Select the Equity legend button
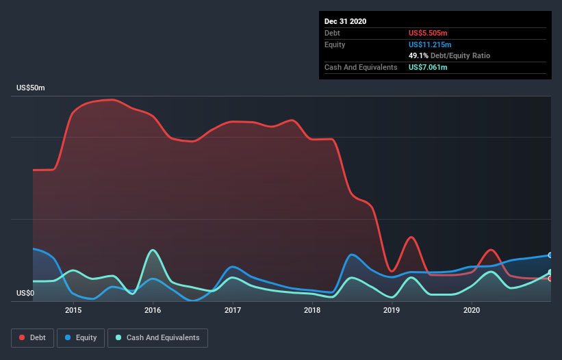click(81, 337)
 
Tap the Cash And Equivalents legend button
click(157, 337)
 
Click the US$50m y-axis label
click(31, 88)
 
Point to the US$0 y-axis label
click(26, 294)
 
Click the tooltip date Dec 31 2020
click(345, 21)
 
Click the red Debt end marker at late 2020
click(550, 279)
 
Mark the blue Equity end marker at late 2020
click(550, 255)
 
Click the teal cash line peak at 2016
click(153, 250)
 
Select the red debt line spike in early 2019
click(411, 237)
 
